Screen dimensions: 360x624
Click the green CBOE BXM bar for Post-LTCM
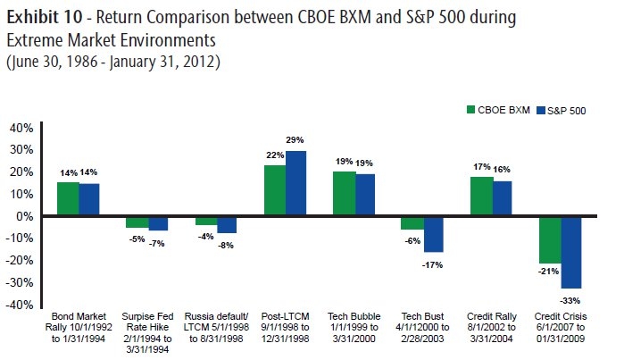click(275, 190)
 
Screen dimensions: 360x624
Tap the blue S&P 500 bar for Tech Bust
click(433, 234)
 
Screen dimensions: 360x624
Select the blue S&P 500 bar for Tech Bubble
click(365, 195)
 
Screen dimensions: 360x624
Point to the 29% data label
click(296, 140)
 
